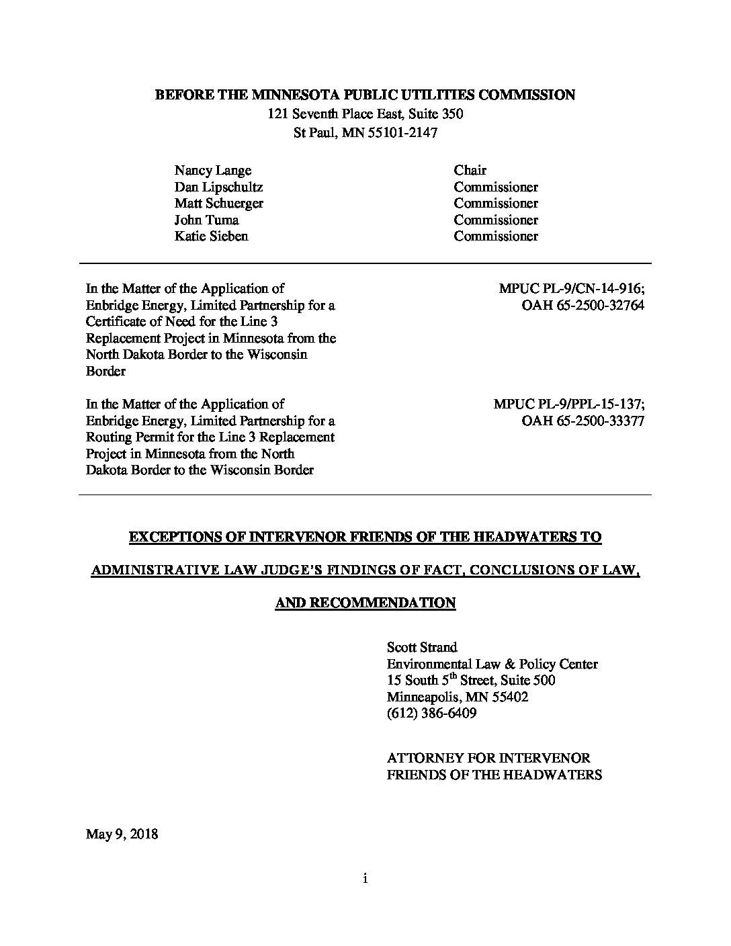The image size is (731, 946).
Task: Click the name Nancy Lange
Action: (213, 171)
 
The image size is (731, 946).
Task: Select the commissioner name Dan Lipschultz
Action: (218, 187)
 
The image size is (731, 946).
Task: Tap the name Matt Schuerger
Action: (218, 204)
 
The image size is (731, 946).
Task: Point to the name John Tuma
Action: (206, 220)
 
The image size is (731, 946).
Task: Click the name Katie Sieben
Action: (211, 236)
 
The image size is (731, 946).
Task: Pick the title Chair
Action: (470, 171)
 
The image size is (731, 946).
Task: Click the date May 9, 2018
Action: (122, 834)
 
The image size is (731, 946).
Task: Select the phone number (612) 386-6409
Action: (431, 714)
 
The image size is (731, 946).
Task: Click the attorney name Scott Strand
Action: (422, 648)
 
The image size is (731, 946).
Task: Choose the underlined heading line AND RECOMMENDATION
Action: (365, 603)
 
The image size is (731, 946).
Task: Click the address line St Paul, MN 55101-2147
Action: (365, 132)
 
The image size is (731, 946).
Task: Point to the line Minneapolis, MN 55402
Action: (457, 697)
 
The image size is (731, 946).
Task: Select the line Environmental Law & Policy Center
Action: (492, 664)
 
